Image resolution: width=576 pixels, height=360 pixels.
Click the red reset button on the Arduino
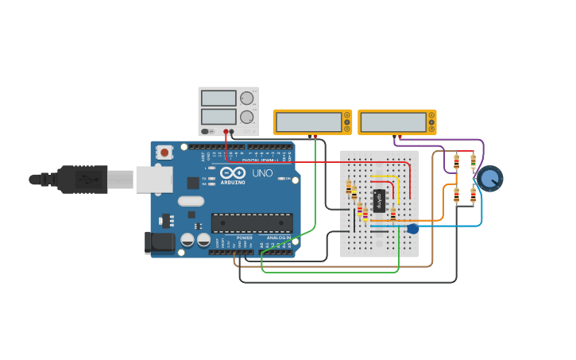tap(164, 152)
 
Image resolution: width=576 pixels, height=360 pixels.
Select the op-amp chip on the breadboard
tap(379, 200)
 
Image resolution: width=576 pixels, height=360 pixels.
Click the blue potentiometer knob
tap(490, 178)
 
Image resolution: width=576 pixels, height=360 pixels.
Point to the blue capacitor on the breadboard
tap(412, 229)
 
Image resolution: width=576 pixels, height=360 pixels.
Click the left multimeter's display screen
tap(308, 122)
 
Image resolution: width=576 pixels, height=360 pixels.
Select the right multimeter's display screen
tap(393, 122)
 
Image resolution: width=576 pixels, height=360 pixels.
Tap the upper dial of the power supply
tap(247, 99)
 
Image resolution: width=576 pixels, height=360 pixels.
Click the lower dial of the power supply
tap(247, 117)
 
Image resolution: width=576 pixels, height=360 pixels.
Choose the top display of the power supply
tap(218, 99)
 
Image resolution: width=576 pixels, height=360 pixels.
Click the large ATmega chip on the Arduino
tap(251, 223)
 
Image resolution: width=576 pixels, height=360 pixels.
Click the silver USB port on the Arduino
tap(153, 180)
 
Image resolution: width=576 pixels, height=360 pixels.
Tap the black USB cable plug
tap(82, 180)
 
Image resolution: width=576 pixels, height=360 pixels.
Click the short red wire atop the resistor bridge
tap(465, 151)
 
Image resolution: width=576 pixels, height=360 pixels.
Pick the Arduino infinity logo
tap(233, 172)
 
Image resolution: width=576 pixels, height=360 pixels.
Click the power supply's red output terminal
tap(226, 132)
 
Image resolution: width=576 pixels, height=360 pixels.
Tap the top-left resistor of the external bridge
tap(456, 162)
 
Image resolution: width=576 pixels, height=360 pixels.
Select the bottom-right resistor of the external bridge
tap(474, 195)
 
